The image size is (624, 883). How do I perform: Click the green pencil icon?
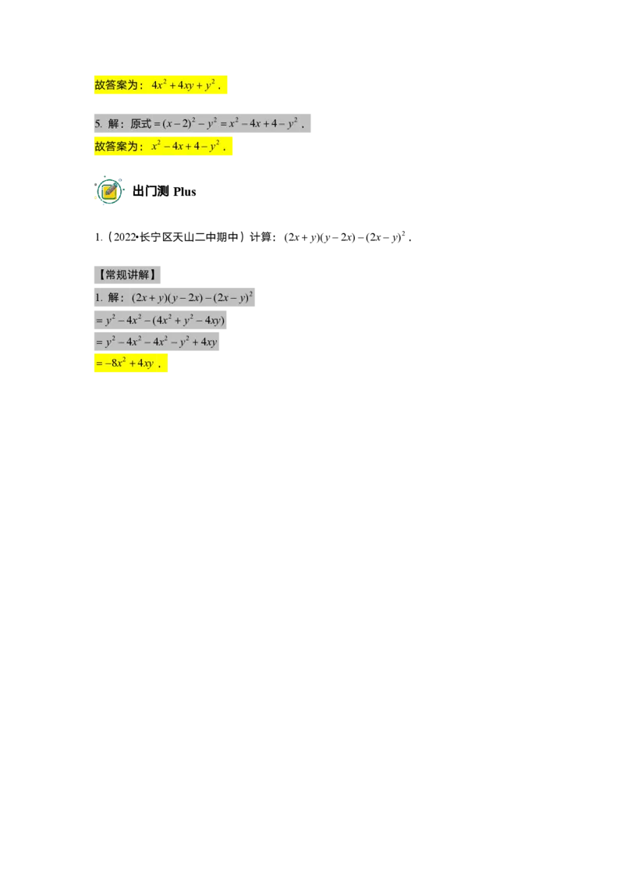tap(110, 190)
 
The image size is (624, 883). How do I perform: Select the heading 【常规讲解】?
tap(127, 275)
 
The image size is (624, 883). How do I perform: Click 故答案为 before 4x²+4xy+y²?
tap(119, 86)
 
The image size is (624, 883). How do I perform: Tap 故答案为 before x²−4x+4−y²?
tap(119, 146)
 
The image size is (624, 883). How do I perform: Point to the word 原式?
tap(140, 124)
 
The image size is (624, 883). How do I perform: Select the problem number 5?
tap(97, 124)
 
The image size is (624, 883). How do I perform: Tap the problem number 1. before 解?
tap(98, 298)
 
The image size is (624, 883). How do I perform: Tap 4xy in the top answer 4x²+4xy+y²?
tap(186, 86)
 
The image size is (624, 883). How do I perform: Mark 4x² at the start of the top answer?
tap(159, 86)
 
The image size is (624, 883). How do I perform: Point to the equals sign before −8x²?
tap(99, 363)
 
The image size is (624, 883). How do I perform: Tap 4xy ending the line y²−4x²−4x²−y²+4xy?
tap(207, 342)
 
